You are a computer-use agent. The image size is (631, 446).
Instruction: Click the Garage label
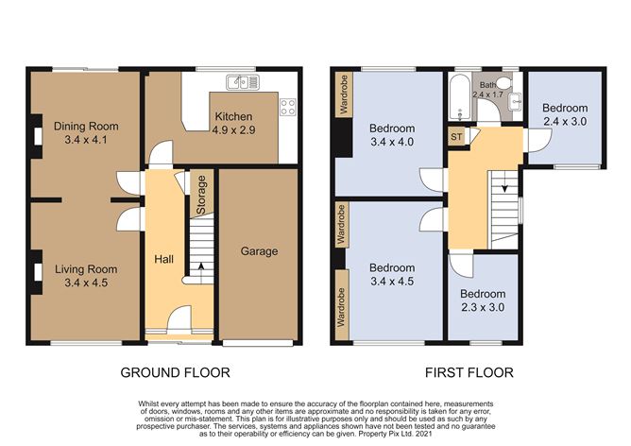pyautogui.click(x=258, y=251)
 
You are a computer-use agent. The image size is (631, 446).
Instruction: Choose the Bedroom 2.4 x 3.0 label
pyautogui.click(x=564, y=114)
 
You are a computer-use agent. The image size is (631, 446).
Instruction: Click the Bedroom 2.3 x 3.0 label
pyautogui.click(x=483, y=300)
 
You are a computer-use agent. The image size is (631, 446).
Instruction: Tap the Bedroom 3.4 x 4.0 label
pyautogui.click(x=391, y=135)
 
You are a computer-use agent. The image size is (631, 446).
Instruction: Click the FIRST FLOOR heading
pyautogui.click(x=469, y=373)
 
